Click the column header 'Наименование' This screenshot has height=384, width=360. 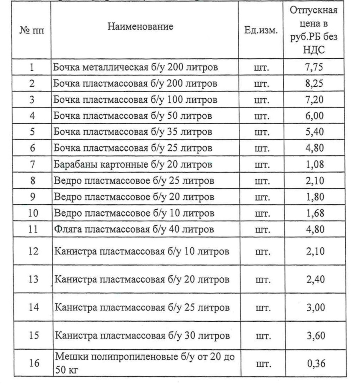pyautogui.click(x=140, y=27)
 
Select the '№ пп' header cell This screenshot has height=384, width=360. pyautogui.click(x=32, y=31)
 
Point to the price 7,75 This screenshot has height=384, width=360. pyautogui.click(x=314, y=67)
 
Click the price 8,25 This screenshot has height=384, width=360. pyautogui.click(x=314, y=84)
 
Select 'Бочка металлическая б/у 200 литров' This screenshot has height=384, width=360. pyautogui.click(x=136, y=67)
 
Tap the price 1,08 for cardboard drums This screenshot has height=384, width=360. pyautogui.click(x=314, y=164)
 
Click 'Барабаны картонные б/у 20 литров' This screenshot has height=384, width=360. pyautogui.click(x=133, y=164)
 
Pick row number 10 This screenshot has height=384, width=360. pyautogui.click(x=32, y=213)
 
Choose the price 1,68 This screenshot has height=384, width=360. pyautogui.click(x=314, y=213)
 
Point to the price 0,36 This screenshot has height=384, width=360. pyautogui.click(x=314, y=363)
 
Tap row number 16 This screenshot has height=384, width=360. pyautogui.click(x=32, y=363)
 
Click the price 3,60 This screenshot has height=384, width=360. pyautogui.click(x=314, y=335)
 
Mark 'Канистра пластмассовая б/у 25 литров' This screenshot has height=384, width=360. pyautogui.click(x=142, y=307)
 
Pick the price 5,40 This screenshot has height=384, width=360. pyautogui.click(x=314, y=132)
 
